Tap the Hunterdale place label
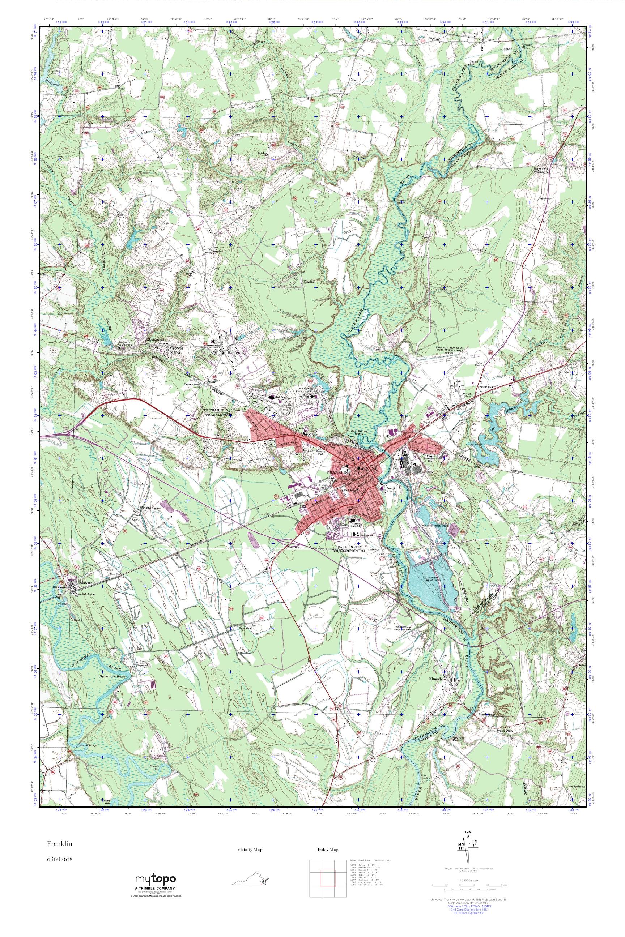coord(226,352)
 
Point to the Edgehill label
coord(309,281)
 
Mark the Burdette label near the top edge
coord(469,34)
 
